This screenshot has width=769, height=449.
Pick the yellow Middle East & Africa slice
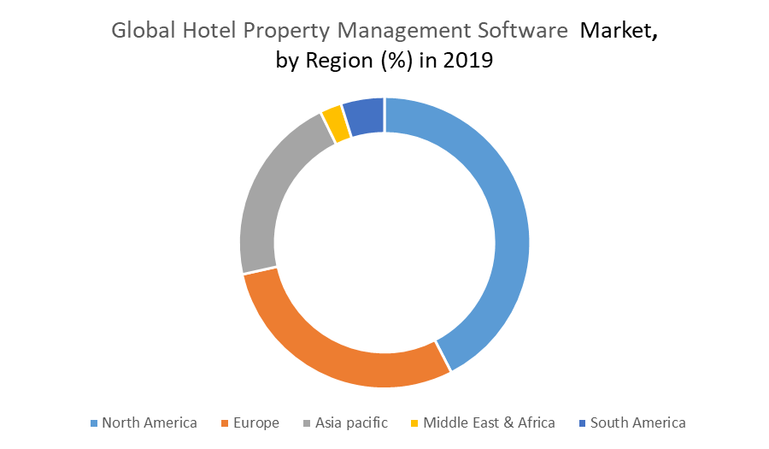pos(335,123)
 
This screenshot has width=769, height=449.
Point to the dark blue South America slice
pos(365,116)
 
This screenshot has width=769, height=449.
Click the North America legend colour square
pos(94,423)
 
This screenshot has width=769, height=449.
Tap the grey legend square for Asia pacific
pos(307,423)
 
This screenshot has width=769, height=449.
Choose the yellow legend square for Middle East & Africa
pos(415,423)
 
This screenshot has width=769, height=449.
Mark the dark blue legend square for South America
pos(582,423)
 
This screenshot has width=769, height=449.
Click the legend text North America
pos(150,422)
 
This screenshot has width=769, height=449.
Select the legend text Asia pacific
pos(351,422)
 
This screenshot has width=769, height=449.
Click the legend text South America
pos(637,422)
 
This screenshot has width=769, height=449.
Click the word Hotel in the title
pos(208,32)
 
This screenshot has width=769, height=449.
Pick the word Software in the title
pos(524,32)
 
